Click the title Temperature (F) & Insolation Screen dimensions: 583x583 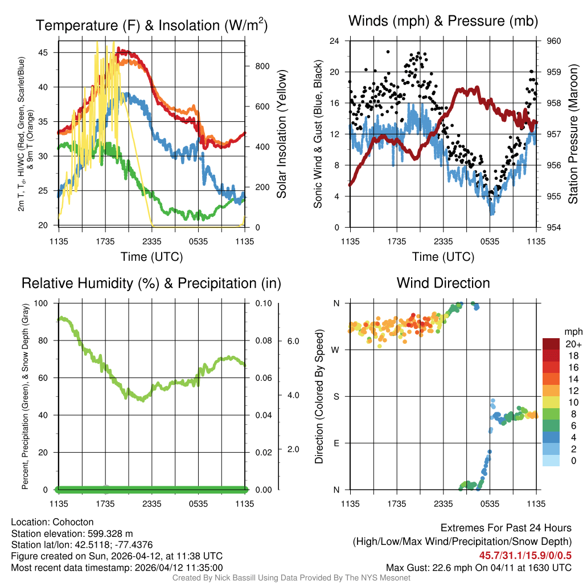click(x=151, y=26)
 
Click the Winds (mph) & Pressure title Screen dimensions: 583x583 click(x=443, y=22)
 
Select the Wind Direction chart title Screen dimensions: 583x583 click(x=443, y=283)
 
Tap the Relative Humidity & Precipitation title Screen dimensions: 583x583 click(x=151, y=283)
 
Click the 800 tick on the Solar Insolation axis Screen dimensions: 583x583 click(x=262, y=66)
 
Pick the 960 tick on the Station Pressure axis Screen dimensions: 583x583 click(x=555, y=41)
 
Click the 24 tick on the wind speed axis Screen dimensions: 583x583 click(x=335, y=41)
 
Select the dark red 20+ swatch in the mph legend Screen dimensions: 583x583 click(x=551, y=344)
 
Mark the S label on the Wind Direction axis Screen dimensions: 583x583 click(x=336, y=396)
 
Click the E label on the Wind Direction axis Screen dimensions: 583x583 click(x=336, y=443)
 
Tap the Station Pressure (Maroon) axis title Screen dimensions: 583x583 click(x=573, y=134)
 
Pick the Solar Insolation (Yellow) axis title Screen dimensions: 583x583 click(x=282, y=134)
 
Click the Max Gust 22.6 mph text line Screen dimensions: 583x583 click(x=478, y=567)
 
